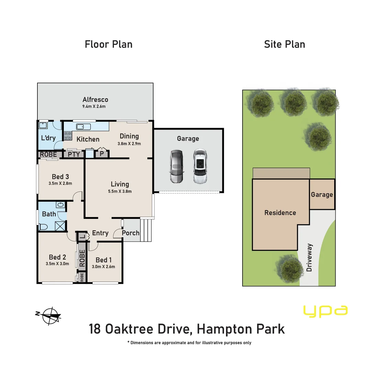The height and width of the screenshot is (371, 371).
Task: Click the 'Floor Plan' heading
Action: [109, 44]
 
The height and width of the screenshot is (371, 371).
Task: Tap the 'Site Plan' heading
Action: [284, 44]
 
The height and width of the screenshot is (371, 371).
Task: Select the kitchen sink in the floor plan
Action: [82, 127]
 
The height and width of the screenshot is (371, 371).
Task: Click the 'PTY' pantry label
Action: [74, 154]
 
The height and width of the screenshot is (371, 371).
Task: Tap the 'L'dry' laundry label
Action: [48, 138]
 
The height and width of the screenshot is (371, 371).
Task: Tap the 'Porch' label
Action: [131, 233]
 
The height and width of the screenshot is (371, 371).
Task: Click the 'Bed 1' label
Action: [103, 260]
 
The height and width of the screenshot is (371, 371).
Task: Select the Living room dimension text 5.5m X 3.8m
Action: [120, 192]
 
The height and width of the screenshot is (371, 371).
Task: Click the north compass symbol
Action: [51, 315]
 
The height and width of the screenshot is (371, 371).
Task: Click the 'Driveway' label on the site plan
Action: [310, 258]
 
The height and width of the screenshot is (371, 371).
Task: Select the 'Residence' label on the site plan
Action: [280, 213]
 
